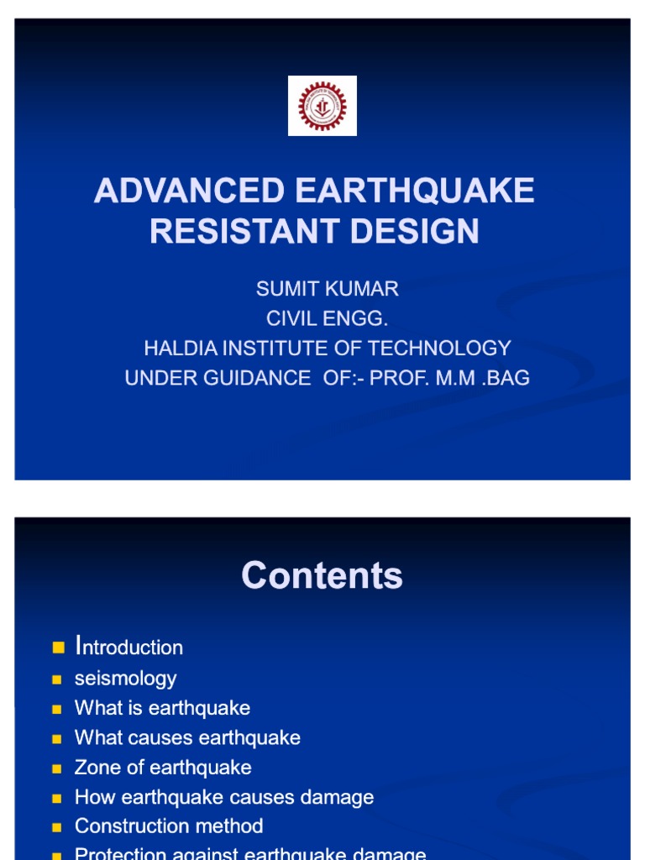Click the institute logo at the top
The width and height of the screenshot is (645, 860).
click(x=322, y=106)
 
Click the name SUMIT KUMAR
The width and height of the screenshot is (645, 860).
click(x=327, y=289)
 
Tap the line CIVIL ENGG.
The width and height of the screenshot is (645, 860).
click(x=327, y=319)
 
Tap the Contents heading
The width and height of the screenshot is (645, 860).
click(x=322, y=576)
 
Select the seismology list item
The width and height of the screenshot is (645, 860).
click(x=125, y=678)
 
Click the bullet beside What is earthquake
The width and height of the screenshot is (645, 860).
click(x=57, y=709)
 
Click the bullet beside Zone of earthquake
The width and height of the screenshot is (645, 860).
click(x=57, y=768)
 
